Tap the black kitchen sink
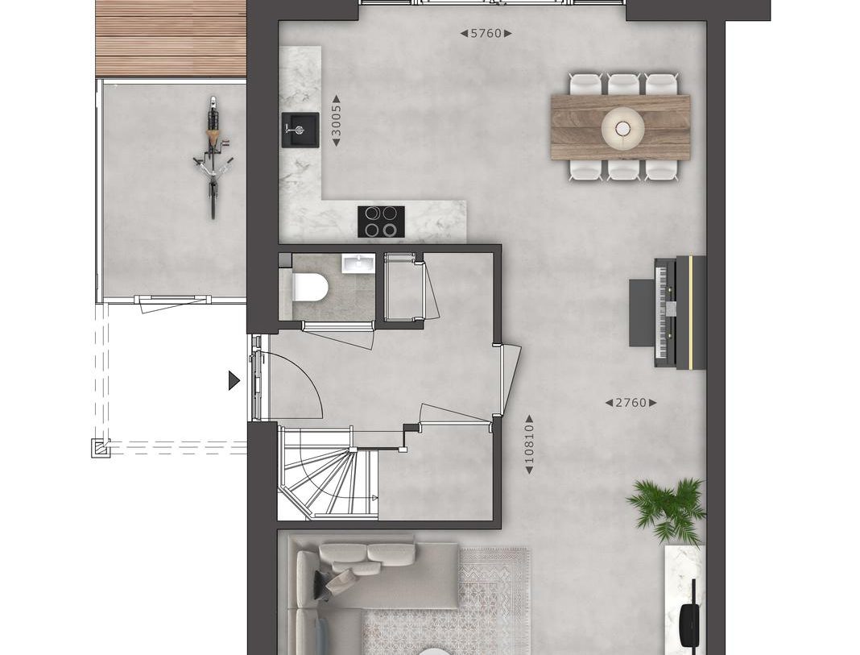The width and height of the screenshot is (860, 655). coord(300,129)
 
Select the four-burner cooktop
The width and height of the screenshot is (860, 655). coord(381,222)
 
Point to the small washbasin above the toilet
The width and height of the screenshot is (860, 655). coord(354,264)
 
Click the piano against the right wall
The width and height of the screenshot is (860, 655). coord(678,313)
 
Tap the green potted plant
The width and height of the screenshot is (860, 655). coord(668,508)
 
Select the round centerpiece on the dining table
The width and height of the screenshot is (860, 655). coord(621,125)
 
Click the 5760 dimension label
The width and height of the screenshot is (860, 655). coord(486,34)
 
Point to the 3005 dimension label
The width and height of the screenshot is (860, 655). coord(337,122)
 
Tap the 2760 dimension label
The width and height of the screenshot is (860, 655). coord(631,403)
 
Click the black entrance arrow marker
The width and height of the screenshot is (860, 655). coord(234,380)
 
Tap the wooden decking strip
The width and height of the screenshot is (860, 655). coord(170,38)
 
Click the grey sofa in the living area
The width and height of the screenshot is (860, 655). coord(354,580)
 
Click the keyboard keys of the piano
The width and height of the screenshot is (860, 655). coord(664,313)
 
